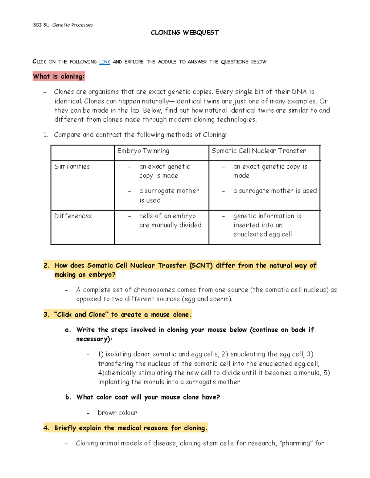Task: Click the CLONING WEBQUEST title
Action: pyautogui.click(x=185, y=33)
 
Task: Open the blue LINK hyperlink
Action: pyautogui.click(x=105, y=62)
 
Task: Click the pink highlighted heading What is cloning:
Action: pyautogui.click(x=59, y=76)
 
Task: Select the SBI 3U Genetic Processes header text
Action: pyautogui.click(x=63, y=25)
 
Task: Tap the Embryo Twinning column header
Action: pyautogui.click(x=143, y=151)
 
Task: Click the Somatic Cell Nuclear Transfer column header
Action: pyautogui.click(x=258, y=151)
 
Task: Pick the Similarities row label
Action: pyautogui.click(x=72, y=167)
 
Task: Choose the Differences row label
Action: pyautogui.click(x=73, y=216)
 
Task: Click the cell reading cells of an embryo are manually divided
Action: pyautogui.click(x=170, y=220)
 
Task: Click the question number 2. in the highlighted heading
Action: pyautogui.click(x=47, y=266)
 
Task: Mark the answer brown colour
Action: pyautogui.click(x=117, y=413)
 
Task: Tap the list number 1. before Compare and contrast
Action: pyautogui.click(x=46, y=135)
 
